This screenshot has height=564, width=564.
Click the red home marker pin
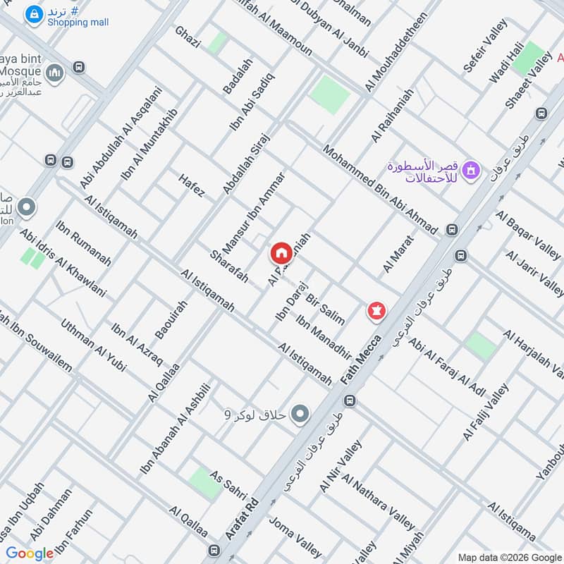(281, 252)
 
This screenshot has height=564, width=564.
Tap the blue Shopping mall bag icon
(32, 13)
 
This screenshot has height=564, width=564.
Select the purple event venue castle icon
(472, 169)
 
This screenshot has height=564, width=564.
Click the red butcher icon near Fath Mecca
(377, 310)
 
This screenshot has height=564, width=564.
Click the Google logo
(30, 553)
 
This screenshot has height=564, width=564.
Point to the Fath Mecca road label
(362, 360)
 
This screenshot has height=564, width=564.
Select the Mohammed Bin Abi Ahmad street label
(380, 190)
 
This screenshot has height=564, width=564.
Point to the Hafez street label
(192, 185)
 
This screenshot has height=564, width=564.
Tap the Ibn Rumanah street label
(83, 244)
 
